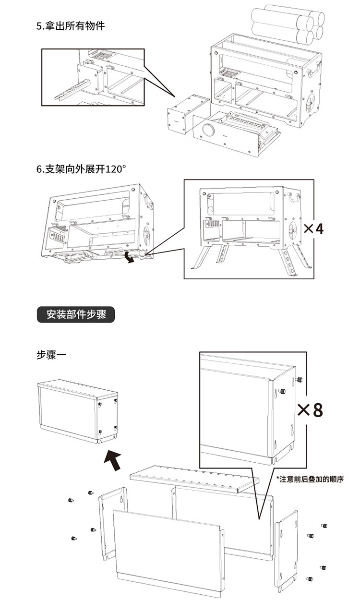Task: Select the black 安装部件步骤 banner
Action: point(76,315)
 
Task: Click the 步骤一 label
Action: point(52,355)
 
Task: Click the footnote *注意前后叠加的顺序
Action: point(310,479)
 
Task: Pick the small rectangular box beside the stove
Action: point(187,115)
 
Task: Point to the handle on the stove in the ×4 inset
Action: point(294,197)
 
